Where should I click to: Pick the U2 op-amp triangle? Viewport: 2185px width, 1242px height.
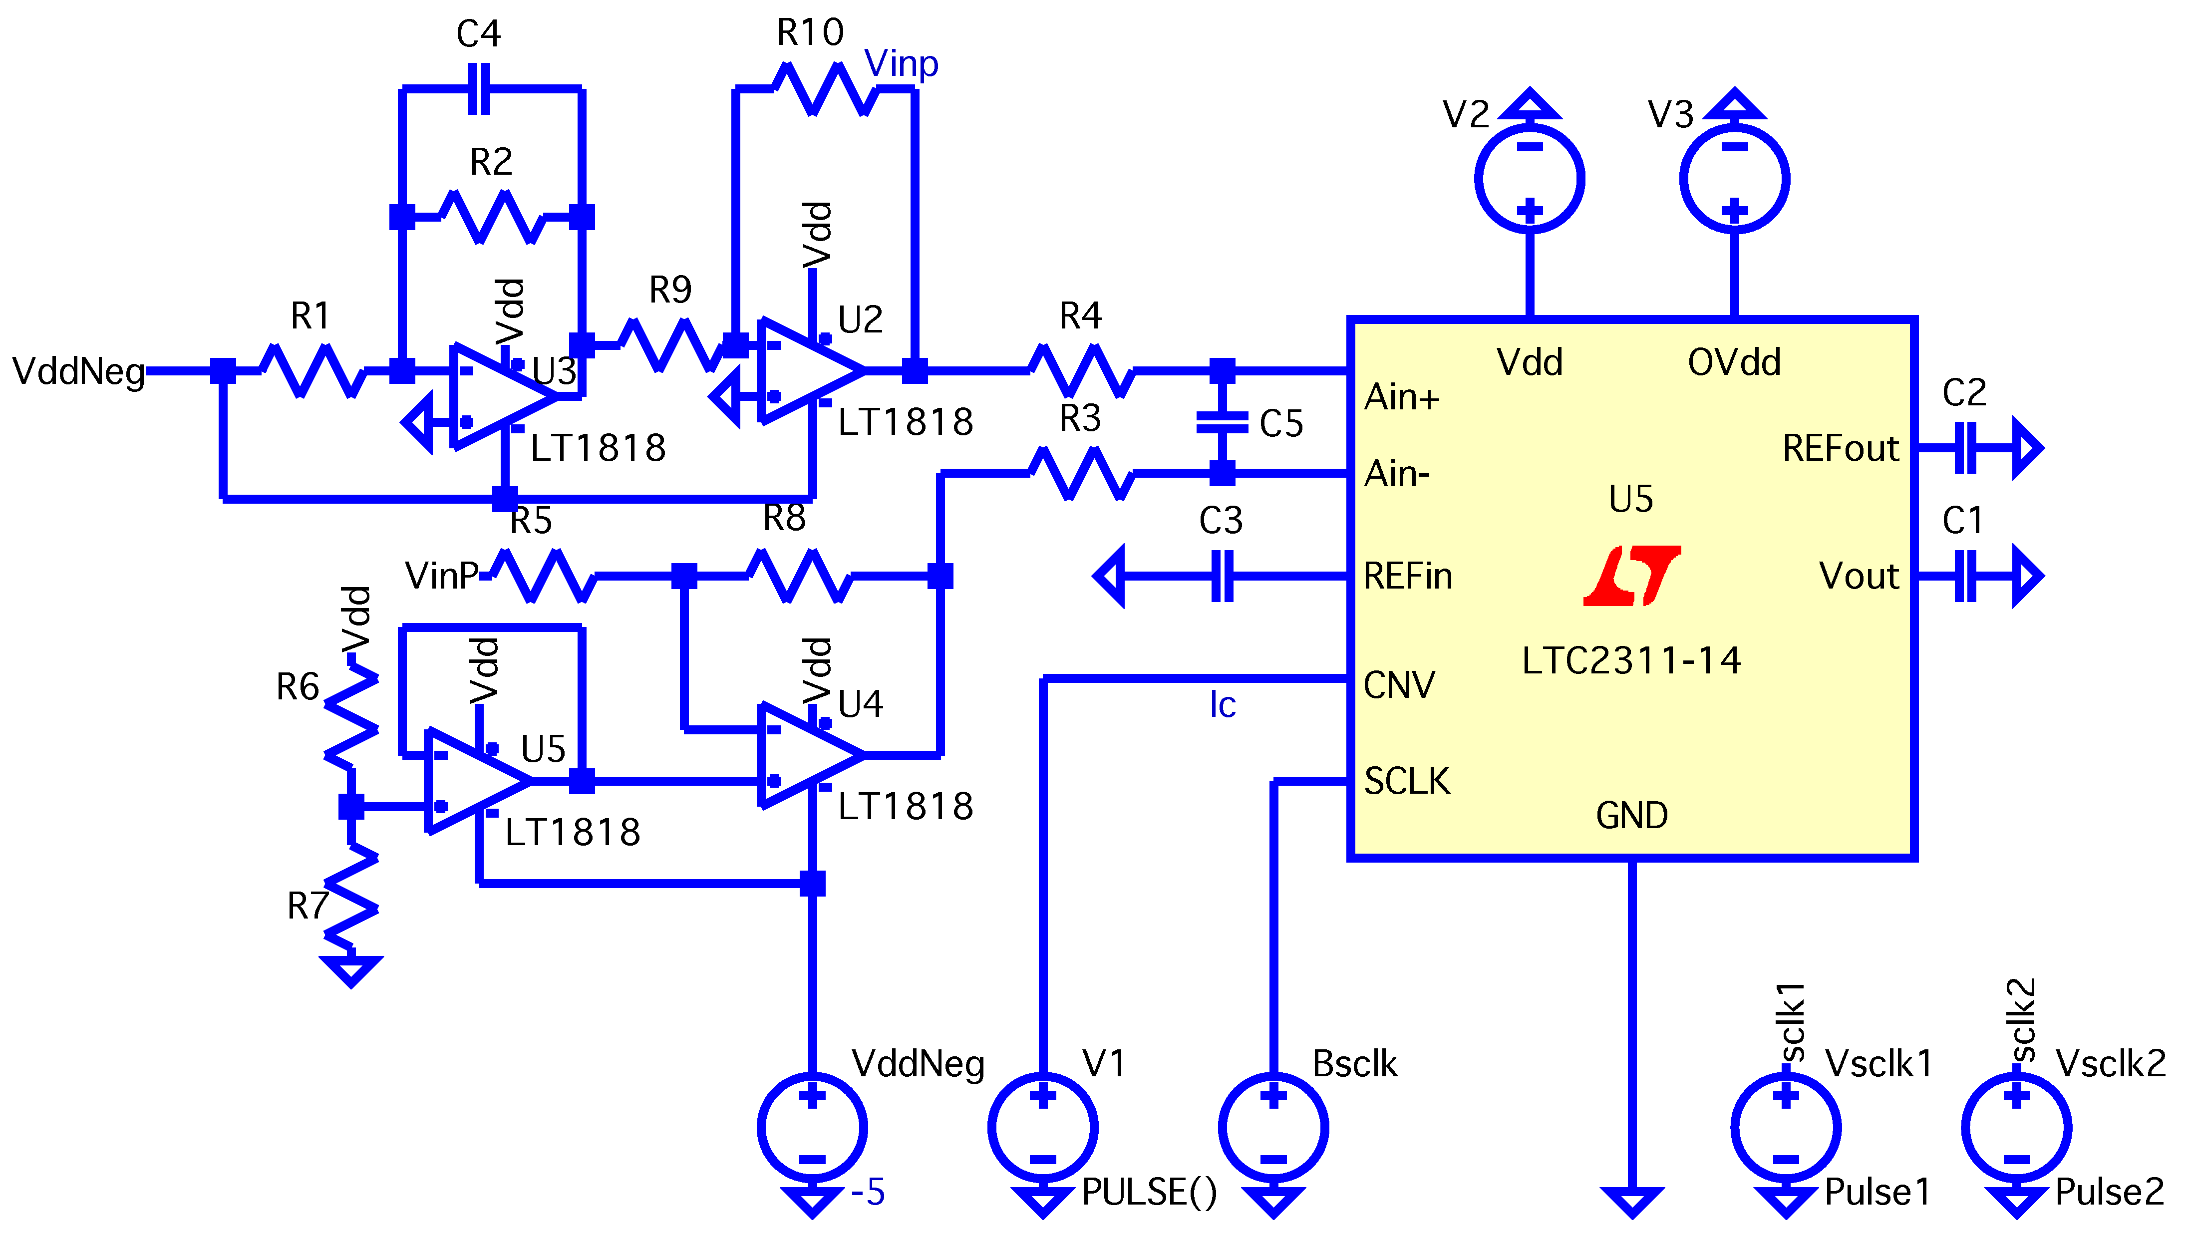coord(806,370)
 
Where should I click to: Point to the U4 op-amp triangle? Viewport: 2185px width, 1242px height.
coord(806,755)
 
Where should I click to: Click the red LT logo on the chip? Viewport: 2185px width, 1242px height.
coord(1631,576)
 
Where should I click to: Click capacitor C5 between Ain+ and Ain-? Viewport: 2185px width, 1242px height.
coord(1222,421)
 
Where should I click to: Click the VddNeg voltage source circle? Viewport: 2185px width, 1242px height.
coord(812,1127)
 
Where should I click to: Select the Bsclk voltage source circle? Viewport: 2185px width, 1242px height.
coord(1273,1127)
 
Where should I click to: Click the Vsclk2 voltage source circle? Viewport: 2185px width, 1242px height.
coord(2016,1127)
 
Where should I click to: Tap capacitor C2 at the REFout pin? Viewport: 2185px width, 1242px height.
coord(1965,447)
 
